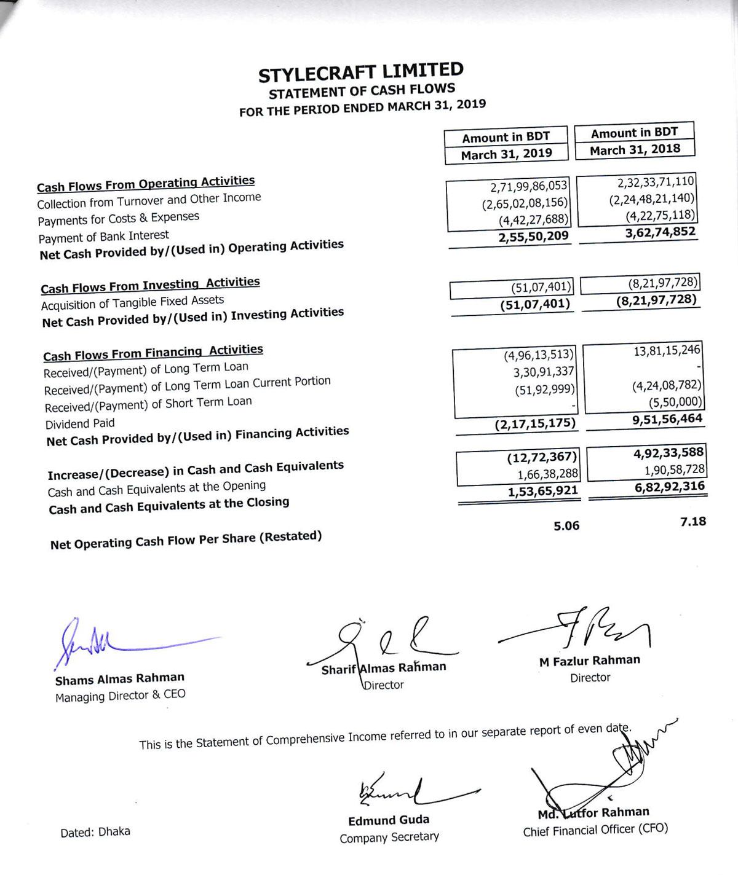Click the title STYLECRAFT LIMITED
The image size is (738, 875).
(x=360, y=73)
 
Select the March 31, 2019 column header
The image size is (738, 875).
(x=506, y=154)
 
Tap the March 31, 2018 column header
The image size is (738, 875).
(x=635, y=149)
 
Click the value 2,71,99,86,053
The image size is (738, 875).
(x=529, y=186)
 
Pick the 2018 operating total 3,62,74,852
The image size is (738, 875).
(x=660, y=232)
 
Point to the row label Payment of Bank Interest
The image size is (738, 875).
(x=103, y=237)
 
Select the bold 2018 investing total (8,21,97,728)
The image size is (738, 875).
(x=656, y=300)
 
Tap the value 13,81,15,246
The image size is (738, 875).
(x=667, y=350)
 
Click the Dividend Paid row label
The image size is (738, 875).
(x=80, y=424)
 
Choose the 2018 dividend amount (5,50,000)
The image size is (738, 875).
(x=675, y=402)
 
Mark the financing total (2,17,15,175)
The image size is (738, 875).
(x=535, y=423)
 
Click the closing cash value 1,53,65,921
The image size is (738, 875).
(x=542, y=491)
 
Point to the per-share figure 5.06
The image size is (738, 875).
(x=566, y=526)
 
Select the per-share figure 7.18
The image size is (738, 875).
(x=693, y=522)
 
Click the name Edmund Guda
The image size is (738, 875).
(x=389, y=821)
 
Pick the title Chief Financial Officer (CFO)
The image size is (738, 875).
(x=595, y=830)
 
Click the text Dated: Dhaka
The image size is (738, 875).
(x=95, y=832)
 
